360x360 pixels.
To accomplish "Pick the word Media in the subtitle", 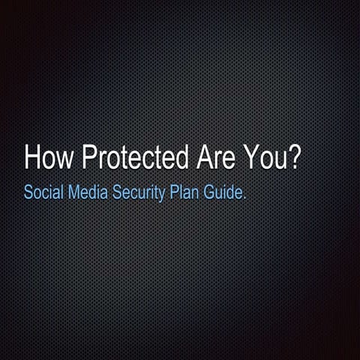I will coord(86,192).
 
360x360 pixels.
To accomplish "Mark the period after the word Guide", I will coord(245,197).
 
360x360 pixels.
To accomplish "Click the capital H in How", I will coord(32,158).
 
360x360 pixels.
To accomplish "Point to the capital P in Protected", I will coord(88,158).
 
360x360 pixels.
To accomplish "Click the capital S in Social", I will coord(28,192).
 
